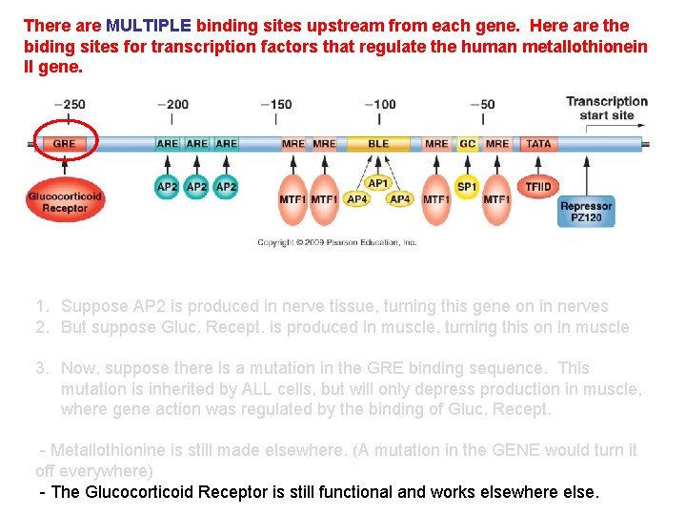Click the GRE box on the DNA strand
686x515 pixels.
(x=64, y=144)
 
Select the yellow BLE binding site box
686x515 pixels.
(x=378, y=144)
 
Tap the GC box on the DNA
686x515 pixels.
(x=467, y=144)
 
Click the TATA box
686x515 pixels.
(x=538, y=144)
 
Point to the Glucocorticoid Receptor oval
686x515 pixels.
(x=65, y=201)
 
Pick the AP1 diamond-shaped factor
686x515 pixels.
(x=378, y=182)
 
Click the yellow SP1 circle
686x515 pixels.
(x=467, y=187)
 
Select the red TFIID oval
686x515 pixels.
(x=538, y=186)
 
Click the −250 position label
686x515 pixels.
(x=70, y=105)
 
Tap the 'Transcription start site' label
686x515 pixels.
(x=607, y=108)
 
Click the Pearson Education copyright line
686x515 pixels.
(x=337, y=243)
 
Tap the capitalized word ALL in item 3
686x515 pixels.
(x=258, y=389)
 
